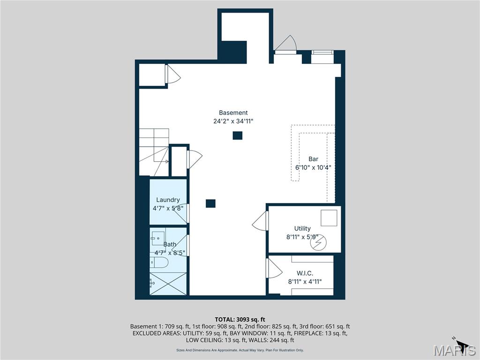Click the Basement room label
(x=233, y=112)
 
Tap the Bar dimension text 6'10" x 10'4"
(x=313, y=167)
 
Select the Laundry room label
(x=168, y=200)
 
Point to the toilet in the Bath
(x=159, y=262)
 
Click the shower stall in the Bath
(x=168, y=284)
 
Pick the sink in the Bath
(x=158, y=238)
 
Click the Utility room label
(x=302, y=228)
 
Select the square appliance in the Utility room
(x=329, y=218)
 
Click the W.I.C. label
(x=305, y=273)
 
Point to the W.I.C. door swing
(x=274, y=268)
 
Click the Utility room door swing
(x=260, y=221)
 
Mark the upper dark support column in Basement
(x=238, y=135)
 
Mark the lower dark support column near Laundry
(x=210, y=203)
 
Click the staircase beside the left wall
(x=154, y=152)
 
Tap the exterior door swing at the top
(x=285, y=44)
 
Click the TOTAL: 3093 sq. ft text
(x=240, y=320)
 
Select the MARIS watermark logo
(x=454, y=350)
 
